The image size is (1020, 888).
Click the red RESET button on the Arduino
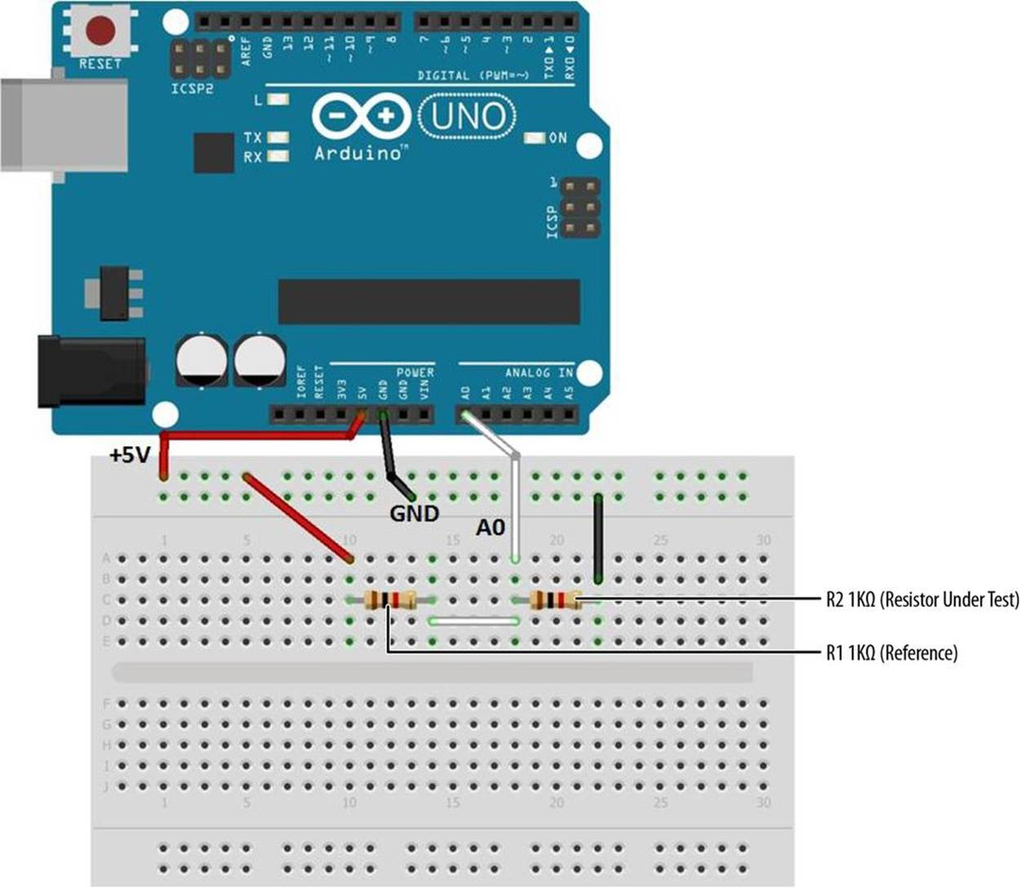click(x=100, y=33)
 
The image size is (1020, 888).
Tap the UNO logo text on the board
click(x=468, y=117)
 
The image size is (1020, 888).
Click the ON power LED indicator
click(x=535, y=138)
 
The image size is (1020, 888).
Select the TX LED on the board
click(x=277, y=138)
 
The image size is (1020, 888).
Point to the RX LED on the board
click(x=277, y=156)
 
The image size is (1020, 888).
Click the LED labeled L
click(x=277, y=100)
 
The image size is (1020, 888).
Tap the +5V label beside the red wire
click(x=131, y=455)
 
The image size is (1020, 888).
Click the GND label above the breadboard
click(x=414, y=514)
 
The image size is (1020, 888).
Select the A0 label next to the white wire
click(x=490, y=528)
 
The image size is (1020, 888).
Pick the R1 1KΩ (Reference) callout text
click(x=891, y=652)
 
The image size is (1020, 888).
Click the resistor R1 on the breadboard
click(x=391, y=601)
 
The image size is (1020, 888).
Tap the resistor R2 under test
click(x=555, y=601)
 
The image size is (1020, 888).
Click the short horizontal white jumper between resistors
click(x=474, y=621)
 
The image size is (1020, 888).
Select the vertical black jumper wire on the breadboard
click(x=598, y=538)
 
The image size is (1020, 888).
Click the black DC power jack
click(x=90, y=371)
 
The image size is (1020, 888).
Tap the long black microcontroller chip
click(x=428, y=302)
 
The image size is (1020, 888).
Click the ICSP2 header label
click(x=193, y=88)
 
